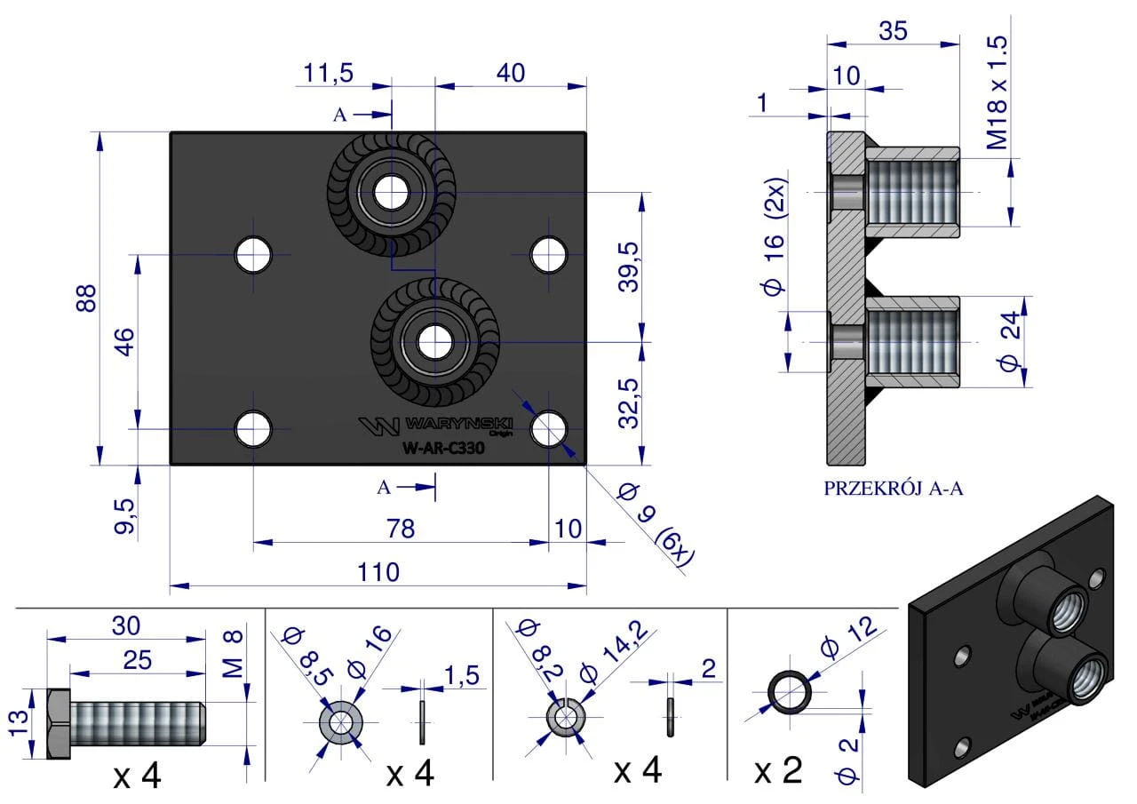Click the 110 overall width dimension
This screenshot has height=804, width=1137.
(x=378, y=571)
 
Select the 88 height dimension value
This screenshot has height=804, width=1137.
(x=86, y=298)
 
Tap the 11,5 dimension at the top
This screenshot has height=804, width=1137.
(x=328, y=73)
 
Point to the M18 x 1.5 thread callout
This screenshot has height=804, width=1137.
(x=997, y=92)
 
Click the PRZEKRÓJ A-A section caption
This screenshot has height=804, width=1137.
(x=893, y=489)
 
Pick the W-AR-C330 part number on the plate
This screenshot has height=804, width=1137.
(x=443, y=448)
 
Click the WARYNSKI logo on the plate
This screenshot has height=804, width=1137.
(x=435, y=426)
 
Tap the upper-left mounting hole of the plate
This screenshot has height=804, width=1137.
(x=253, y=254)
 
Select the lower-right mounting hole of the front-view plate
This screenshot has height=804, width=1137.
(x=548, y=429)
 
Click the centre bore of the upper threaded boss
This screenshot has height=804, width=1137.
(x=392, y=193)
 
